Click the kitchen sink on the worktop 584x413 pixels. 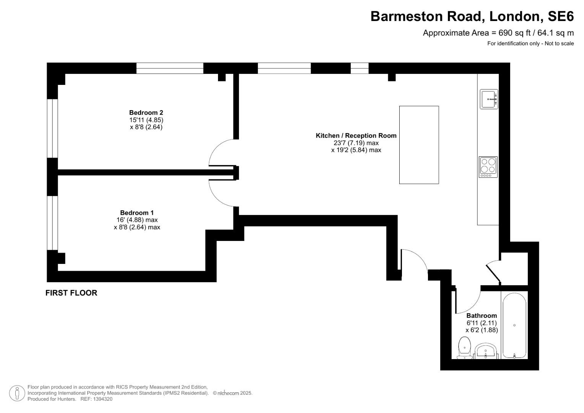(489, 99)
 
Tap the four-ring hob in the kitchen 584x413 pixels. (488, 167)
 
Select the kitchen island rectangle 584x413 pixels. (419, 145)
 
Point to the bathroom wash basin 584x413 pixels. (486, 351)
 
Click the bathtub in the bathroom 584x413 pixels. (514, 325)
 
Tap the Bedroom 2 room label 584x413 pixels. (146, 112)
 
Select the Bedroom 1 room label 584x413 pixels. (137, 213)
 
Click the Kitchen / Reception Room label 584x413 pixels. (356, 135)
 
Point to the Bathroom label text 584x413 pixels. (482, 315)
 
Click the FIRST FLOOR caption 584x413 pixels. (71, 293)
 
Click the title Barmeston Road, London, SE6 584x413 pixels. (472, 16)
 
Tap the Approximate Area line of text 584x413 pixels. (498, 33)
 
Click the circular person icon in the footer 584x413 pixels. (17, 393)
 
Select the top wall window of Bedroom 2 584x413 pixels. (170, 68)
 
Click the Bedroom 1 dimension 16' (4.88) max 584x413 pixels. (137, 220)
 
